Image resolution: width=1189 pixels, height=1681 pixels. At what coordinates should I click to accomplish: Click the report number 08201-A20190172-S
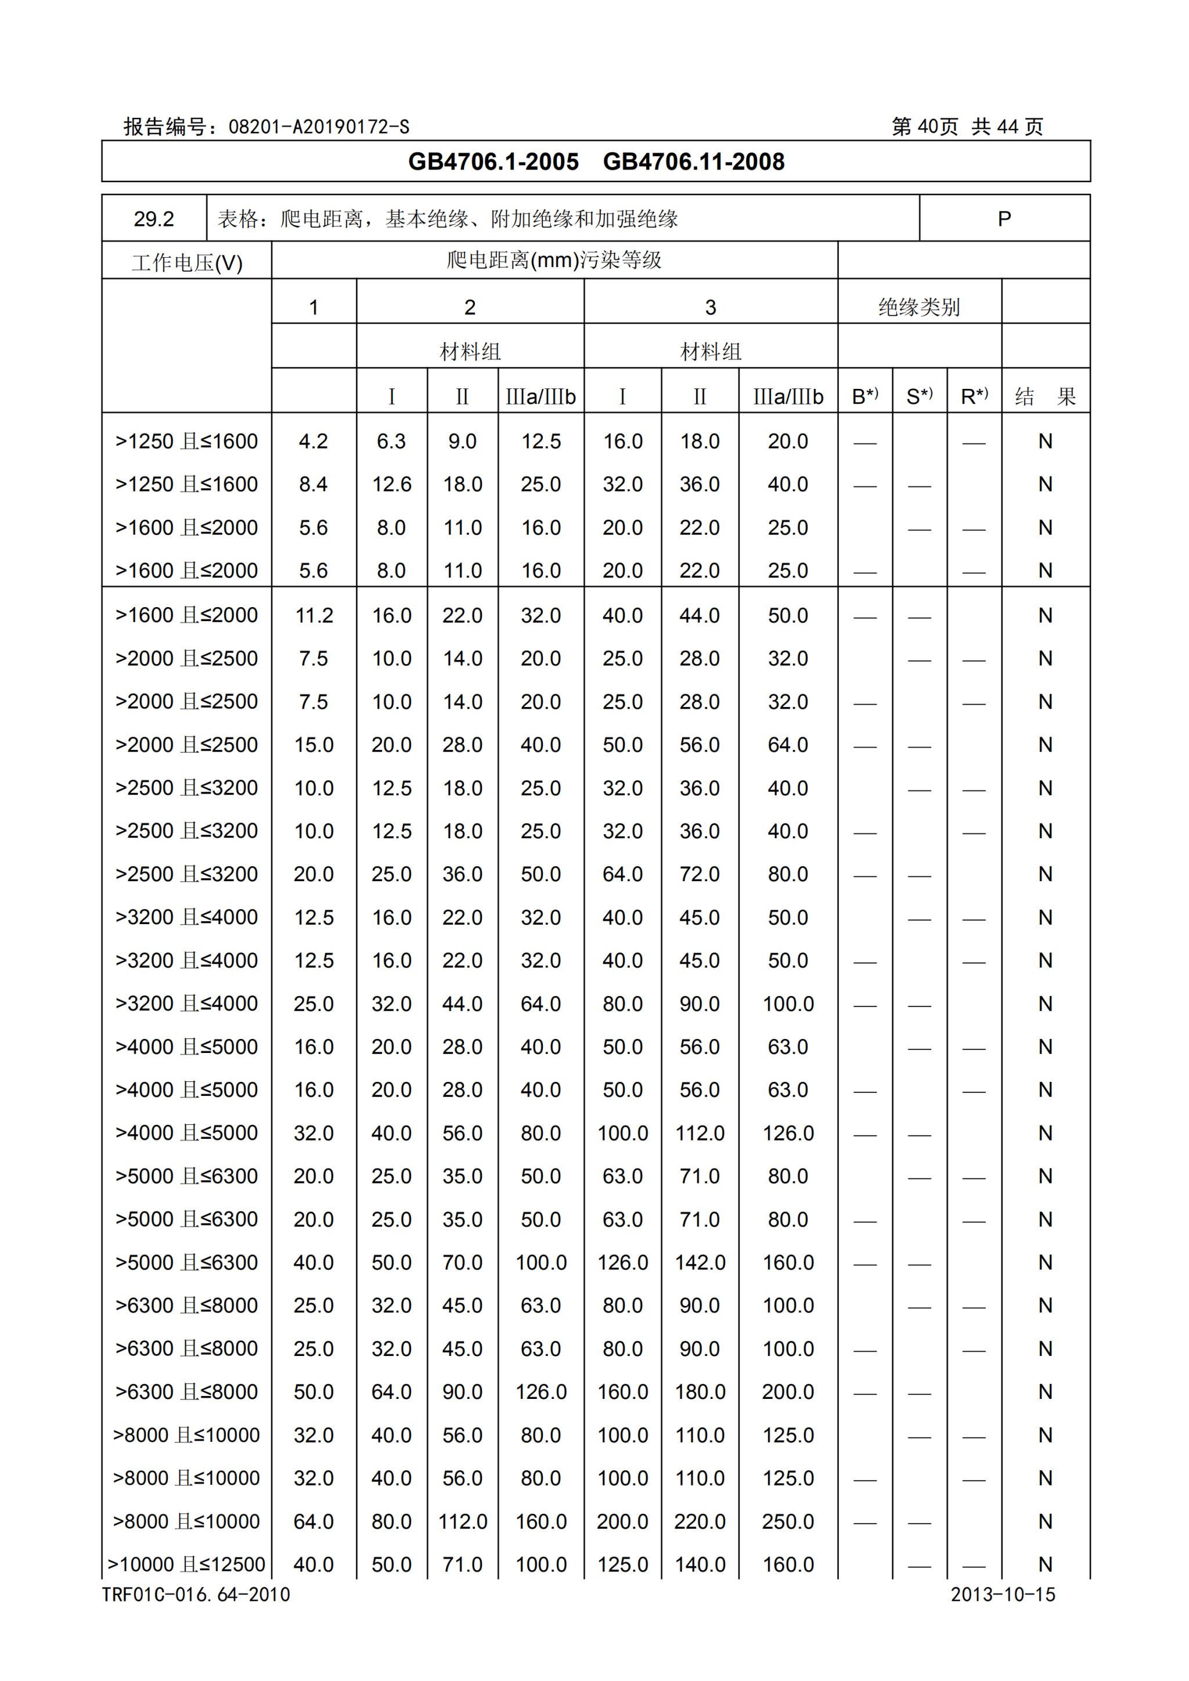pos(319,127)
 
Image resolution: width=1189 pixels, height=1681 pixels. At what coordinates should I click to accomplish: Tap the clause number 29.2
pos(154,219)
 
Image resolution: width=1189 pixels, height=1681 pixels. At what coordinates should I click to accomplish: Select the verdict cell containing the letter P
pos(1004,219)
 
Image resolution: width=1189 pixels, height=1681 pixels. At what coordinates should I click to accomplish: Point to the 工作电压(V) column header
pos(187,263)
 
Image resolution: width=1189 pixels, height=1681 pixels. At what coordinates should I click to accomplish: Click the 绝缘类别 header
pos(919,308)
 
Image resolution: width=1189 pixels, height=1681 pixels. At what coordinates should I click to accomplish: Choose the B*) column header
pos(864,396)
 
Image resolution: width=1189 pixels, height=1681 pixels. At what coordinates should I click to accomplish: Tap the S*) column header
pos(919,396)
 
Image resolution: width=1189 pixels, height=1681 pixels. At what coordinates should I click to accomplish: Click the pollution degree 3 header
pos(710,308)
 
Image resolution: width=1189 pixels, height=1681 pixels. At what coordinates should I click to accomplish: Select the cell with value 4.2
pos(314,442)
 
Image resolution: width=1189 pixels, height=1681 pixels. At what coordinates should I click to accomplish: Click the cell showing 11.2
pos(314,616)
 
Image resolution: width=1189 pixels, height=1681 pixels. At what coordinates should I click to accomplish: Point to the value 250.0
pos(788,1521)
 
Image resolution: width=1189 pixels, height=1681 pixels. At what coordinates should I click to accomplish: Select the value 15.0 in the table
pos(314,745)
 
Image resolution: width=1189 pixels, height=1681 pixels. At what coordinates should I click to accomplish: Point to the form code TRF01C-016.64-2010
pos(196,1595)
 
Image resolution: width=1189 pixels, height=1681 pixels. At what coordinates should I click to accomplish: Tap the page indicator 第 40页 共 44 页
pos(967,127)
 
